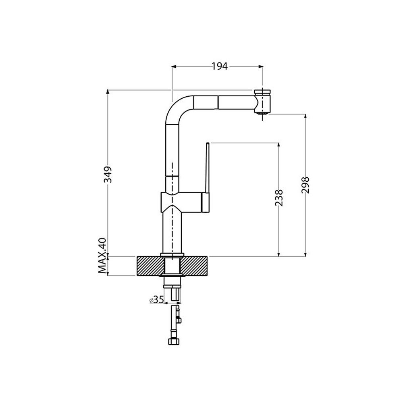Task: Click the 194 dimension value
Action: (x=220, y=66)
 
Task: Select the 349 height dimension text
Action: (x=108, y=174)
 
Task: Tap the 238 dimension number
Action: (x=279, y=197)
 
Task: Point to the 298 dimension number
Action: (x=305, y=185)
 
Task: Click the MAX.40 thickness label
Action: (x=102, y=256)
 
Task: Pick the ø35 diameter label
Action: (x=156, y=299)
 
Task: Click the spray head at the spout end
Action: (x=262, y=102)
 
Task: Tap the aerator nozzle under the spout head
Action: (x=262, y=112)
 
